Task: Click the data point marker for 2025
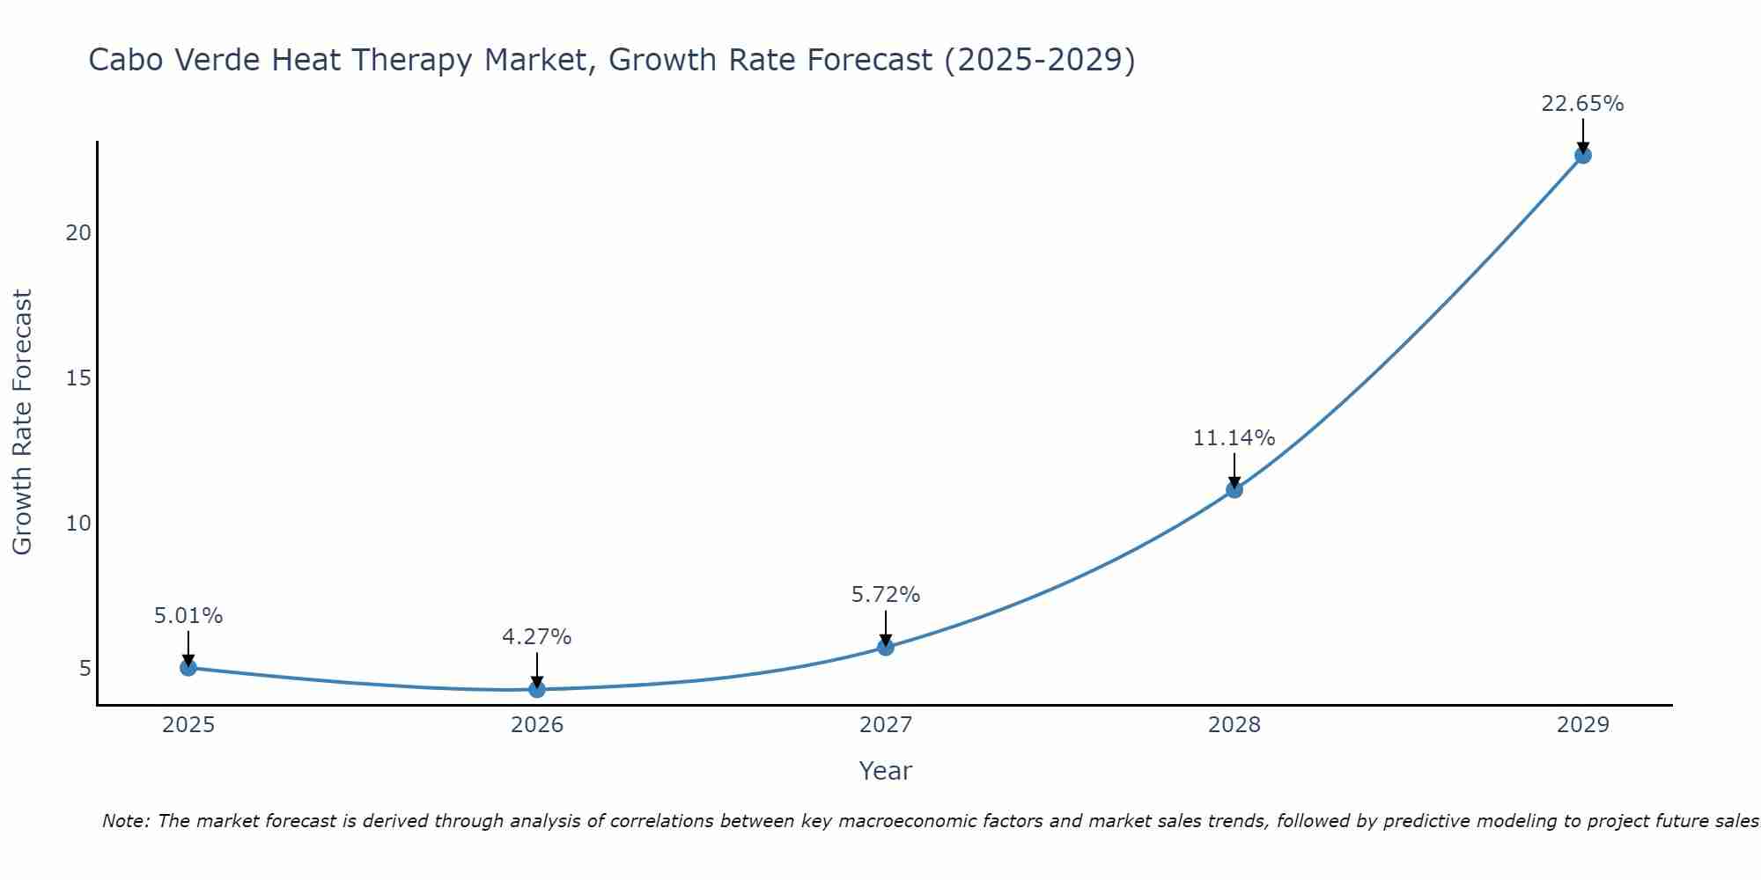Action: pos(188,668)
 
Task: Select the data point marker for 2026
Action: pos(537,689)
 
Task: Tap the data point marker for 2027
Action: pos(886,648)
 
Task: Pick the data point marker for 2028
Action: pos(1234,489)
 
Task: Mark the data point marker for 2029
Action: pos(1582,156)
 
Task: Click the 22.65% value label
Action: pos(1582,104)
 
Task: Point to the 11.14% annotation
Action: pos(1234,437)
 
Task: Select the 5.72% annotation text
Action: pos(885,595)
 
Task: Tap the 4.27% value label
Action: pos(536,636)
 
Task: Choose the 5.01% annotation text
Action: pos(188,616)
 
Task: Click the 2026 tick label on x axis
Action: pos(537,725)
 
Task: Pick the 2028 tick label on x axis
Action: pos(1234,725)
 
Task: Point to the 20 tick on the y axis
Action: pos(78,233)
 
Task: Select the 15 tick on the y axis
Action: pos(78,378)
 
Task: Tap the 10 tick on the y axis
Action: pos(78,524)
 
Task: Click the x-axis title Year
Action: pos(885,771)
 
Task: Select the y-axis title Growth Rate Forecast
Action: pos(22,422)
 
